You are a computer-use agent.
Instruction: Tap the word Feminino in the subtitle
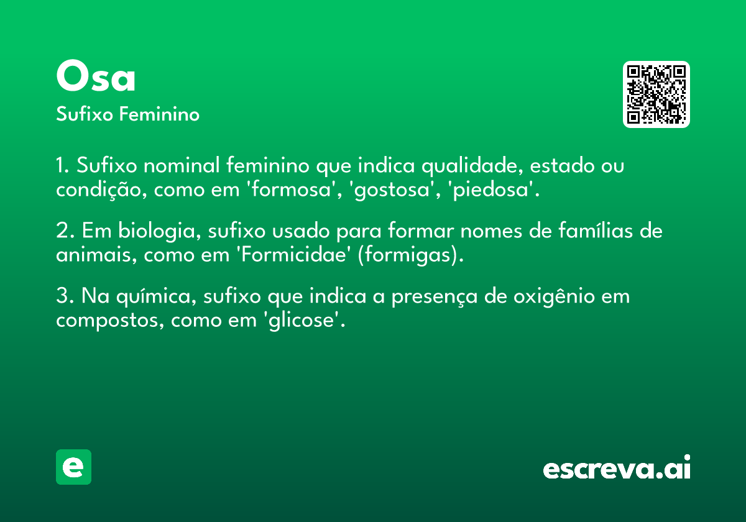159,114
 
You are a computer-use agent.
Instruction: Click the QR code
656,94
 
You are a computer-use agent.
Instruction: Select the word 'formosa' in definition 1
292,190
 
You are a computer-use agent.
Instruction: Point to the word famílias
595,231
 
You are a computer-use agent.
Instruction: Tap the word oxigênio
554,297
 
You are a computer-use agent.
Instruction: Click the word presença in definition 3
435,297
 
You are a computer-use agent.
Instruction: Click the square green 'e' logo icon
73,467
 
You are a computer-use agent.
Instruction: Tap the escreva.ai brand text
617,467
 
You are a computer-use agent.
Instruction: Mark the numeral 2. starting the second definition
65,231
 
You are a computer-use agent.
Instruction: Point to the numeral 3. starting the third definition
65,296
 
